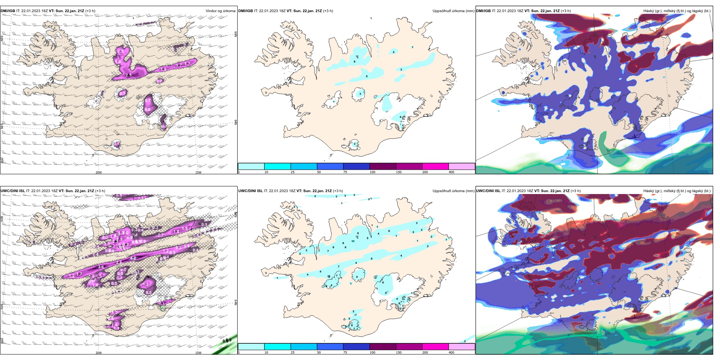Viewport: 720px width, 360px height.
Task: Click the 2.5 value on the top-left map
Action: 128,75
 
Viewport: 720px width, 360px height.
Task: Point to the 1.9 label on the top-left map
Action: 163,69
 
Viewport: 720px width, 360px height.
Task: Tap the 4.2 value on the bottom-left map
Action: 133,258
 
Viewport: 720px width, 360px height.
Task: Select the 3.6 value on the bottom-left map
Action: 101,267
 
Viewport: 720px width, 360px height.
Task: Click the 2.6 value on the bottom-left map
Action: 119,263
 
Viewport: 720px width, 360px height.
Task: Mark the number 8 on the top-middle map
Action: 355,61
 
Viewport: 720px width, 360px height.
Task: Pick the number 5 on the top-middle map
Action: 366,77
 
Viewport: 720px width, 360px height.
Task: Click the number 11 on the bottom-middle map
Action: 353,241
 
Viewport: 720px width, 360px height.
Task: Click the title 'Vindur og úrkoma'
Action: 220,11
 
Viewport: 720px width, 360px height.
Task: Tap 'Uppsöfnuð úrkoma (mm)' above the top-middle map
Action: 453,11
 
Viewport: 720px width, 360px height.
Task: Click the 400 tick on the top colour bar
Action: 451,172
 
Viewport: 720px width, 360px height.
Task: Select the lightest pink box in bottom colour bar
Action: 462,346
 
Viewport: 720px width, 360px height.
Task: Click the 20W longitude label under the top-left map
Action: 99,172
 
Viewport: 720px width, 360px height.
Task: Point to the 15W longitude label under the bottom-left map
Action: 198,353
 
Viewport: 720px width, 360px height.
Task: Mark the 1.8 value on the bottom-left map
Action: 176,232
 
